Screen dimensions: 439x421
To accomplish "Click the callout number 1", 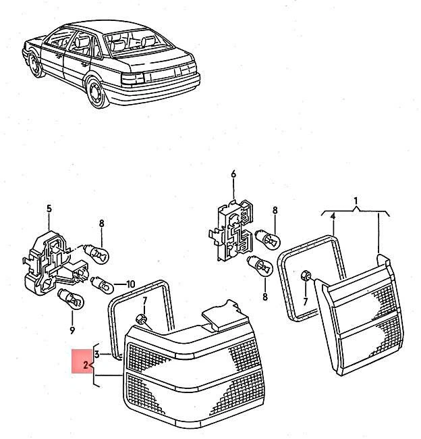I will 356,201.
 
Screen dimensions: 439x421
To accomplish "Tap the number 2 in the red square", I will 86,365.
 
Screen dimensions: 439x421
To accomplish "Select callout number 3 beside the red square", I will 98,354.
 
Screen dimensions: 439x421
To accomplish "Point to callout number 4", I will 333,215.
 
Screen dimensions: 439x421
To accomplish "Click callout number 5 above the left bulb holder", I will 49,208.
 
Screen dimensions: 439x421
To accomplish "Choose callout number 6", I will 233,174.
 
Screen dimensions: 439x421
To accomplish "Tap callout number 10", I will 130,284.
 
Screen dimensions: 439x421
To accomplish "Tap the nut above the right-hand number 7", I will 304,276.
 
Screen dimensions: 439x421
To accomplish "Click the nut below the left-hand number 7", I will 141,319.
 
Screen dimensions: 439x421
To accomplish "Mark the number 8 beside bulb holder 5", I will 102,223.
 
